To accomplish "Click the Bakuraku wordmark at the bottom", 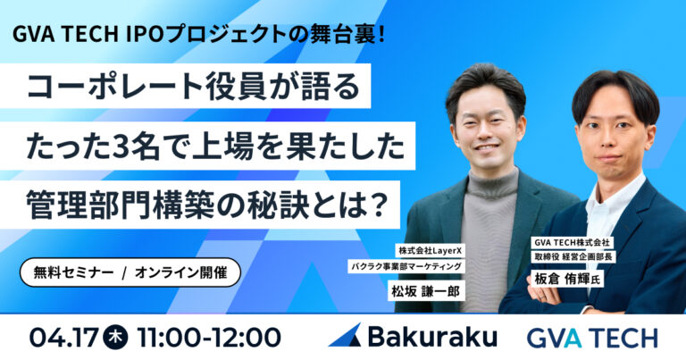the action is click(431, 338).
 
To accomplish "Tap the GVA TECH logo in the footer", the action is click(592, 338).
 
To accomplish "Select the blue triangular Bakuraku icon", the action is click(345, 335).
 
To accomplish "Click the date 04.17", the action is click(64, 338).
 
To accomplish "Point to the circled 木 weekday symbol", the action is click(115, 338).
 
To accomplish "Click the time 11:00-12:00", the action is click(209, 338).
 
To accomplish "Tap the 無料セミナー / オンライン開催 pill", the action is click(130, 272).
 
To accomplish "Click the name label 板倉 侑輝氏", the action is click(567, 279).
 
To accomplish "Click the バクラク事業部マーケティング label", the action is click(406, 266).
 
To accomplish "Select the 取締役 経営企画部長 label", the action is click(573, 256).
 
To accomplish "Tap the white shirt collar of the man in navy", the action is click(616, 192).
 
